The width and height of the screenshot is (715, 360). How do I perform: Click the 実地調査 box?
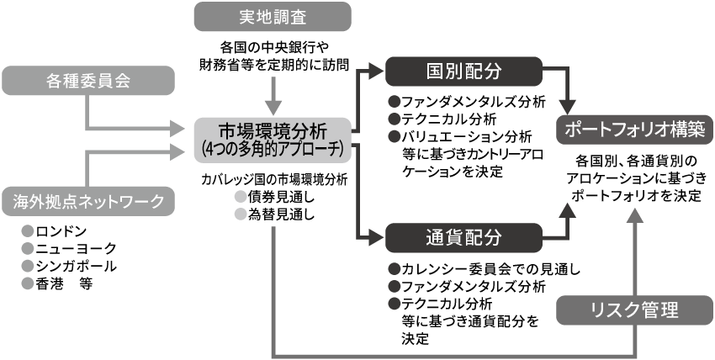[x=272, y=18]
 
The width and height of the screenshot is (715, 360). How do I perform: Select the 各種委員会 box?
[x=89, y=81]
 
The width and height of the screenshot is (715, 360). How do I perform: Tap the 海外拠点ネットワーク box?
[x=89, y=200]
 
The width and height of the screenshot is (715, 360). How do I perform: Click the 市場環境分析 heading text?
[x=273, y=131]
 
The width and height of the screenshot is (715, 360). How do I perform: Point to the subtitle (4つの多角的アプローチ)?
[x=273, y=149]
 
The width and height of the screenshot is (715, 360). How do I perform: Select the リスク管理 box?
[x=634, y=310]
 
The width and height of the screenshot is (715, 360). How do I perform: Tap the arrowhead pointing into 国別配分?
[x=375, y=71]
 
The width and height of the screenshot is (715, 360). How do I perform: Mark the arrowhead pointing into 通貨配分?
[x=375, y=237]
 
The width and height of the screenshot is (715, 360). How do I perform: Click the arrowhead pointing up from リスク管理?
[x=635, y=216]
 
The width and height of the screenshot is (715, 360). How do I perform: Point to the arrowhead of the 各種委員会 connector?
[x=176, y=129]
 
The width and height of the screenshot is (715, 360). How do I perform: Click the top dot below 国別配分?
[x=395, y=101]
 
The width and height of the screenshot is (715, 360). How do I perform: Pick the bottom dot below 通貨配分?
[x=395, y=303]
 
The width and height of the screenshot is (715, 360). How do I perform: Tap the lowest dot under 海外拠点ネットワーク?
[x=28, y=283]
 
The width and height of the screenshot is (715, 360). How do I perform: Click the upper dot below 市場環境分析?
[x=241, y=196]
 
